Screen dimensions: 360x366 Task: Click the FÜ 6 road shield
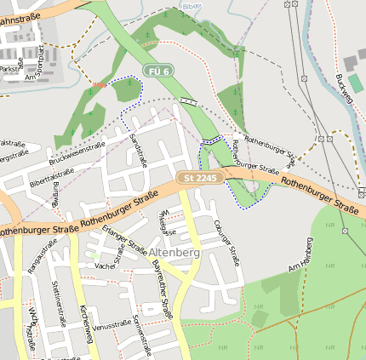coord(158,71)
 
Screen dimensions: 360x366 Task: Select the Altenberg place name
coord(174,253)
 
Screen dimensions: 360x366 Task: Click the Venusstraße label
coord(112,325)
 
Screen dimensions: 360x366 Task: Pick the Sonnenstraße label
coord(141,333)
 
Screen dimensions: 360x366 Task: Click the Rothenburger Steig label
coord(270,146)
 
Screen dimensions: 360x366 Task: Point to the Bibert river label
coord(192,6)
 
